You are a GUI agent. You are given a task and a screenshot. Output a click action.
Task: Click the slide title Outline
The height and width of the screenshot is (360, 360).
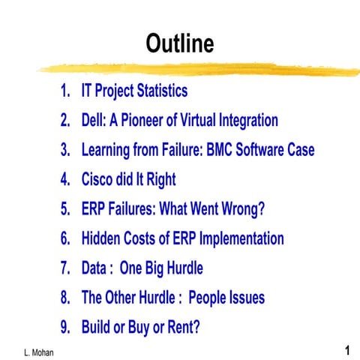point(180,43)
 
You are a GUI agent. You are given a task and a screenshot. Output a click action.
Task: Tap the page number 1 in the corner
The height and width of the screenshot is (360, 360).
point(348,350)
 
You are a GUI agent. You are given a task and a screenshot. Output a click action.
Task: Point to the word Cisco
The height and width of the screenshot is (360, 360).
point(100,179)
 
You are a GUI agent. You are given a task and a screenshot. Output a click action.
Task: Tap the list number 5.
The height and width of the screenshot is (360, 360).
point(65,209)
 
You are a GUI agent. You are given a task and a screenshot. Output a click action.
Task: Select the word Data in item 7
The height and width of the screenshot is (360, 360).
point(96,268)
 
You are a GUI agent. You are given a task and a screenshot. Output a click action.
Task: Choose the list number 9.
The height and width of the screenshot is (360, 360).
point(65,328)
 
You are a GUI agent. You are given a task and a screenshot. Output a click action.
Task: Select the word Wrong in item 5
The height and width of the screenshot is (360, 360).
point(241,209)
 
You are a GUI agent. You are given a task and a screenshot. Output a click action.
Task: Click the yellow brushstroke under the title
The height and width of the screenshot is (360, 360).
point(195,68)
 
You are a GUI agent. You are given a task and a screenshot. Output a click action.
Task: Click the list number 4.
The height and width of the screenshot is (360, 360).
point(65,179)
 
